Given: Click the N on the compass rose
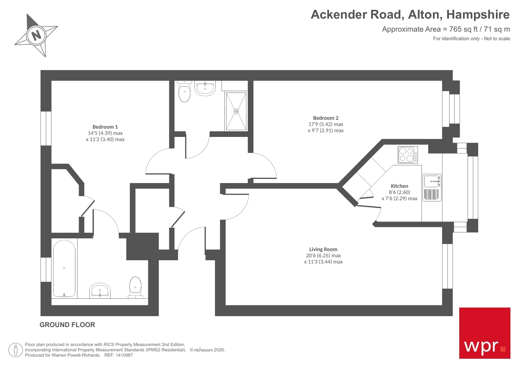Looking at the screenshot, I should pyautogui.click(x=36, y=35).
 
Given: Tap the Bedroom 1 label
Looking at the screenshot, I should pyautogui.click(x=105, y=127).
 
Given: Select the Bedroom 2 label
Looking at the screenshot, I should pyautogui.click(x=326, y=118).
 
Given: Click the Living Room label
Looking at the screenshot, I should pyautogui.click(x=323, y=249).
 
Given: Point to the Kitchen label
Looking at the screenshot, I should pyautogui.click(x=399, y=186).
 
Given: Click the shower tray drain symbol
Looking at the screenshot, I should pyautogui.click(x=236, y=111).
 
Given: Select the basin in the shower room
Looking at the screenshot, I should pyautogui.click(x=205, y=88).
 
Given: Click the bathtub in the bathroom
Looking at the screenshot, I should pyautogui.click(x=64, y=269).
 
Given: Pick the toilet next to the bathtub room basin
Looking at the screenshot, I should pyautogui.click(x=135, y=287).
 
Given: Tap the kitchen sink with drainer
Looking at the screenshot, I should pyautogui.click(x=432, y=188).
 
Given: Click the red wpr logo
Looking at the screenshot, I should pyautogui.click(x=484, y=333).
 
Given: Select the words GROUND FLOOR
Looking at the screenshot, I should pyautogui.click(x=67, y=325).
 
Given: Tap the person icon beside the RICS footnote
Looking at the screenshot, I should pyautogui.click(x=16, y=350).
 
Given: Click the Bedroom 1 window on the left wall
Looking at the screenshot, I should pyautogui.click(x=46, y=128).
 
